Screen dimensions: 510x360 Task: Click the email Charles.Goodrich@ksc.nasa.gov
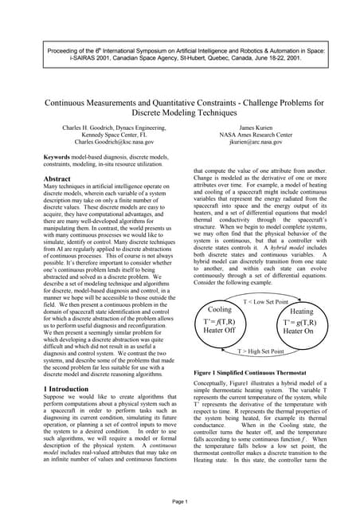tap(92, 142)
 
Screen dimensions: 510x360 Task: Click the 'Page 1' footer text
tap(179, 501)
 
